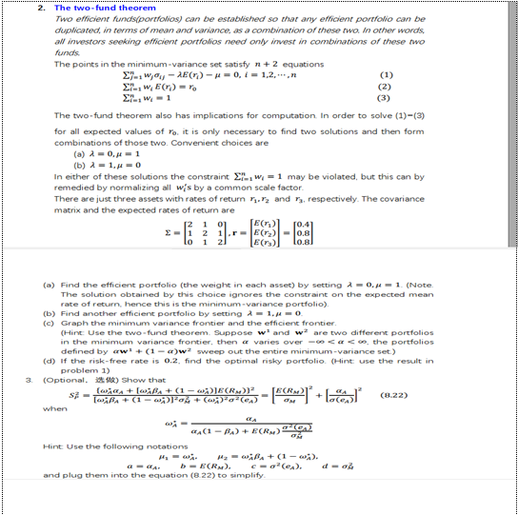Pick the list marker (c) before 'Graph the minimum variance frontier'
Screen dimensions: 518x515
[49, 323]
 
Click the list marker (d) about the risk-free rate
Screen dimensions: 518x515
[49, 360]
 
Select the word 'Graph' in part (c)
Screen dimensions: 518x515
[73, 323]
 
